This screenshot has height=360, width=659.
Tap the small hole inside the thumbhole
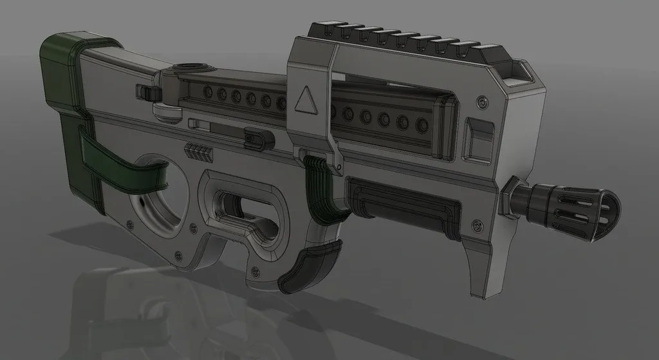tap(140, 202)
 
